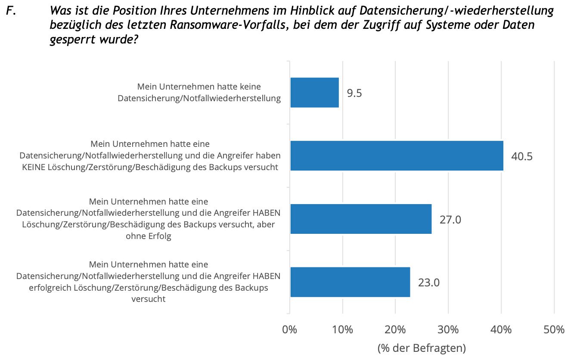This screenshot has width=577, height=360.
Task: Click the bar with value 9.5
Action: tap(314, 93)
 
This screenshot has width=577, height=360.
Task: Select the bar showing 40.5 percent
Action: tap(397, 155)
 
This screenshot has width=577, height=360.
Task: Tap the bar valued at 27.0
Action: tap(361, 219)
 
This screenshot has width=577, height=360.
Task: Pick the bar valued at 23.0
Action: tap(350, 282)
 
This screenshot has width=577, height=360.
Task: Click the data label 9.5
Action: tap(354, 93)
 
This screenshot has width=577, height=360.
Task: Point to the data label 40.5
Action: tap(522, 156)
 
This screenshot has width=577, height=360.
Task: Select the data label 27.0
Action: tap(450, 219)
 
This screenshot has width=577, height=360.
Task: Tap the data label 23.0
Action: tap(429, 282)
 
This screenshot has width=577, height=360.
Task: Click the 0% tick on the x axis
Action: tap(290, 330)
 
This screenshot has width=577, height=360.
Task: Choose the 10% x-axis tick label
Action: tap(342, 330)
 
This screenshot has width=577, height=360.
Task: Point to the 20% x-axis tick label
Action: tap(395, 330)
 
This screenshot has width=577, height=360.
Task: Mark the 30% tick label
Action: tap(448, 330)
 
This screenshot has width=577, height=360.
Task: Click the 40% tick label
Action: tap(501, 330)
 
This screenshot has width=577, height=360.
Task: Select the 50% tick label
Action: tap(554, 330)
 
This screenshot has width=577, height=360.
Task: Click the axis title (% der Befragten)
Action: tap(422, 348)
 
